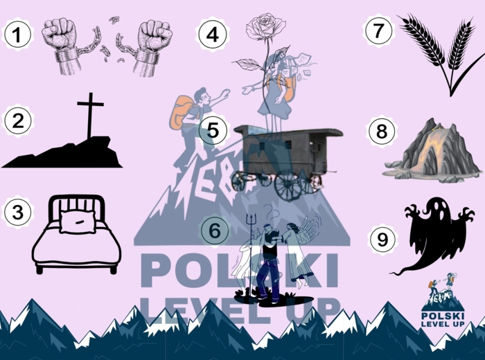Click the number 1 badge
tap(17, 33)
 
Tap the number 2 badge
tap(17, 120)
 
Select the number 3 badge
tap(17, 211)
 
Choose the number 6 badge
tap(215, 231)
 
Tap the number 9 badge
tap(381, 240)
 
